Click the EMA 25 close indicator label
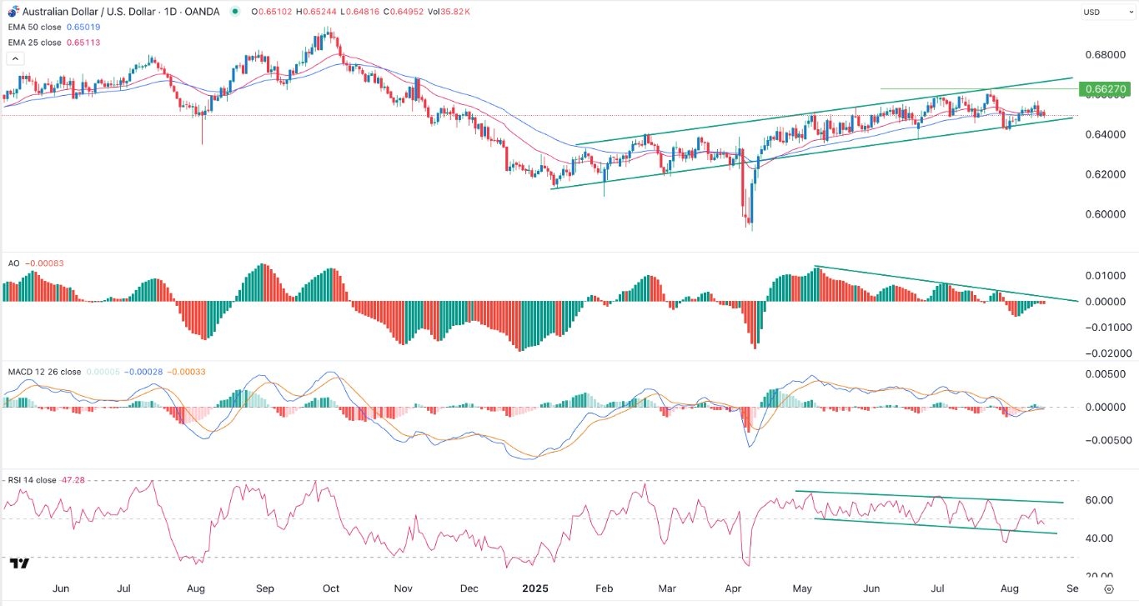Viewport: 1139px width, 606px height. point(36,43)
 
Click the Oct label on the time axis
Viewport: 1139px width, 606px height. point(331,588)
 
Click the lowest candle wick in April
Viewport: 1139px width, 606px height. point(751,229)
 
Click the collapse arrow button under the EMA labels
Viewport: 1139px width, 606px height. point(14,59)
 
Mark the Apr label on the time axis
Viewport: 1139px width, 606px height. point(734,588)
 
